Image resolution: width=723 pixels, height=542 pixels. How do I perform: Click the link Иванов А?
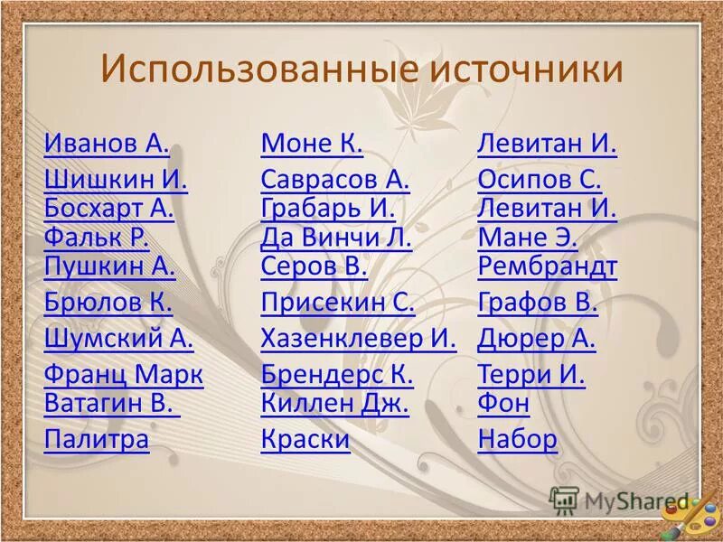pos(107,144)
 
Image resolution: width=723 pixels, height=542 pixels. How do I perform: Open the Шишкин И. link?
pos(116,180)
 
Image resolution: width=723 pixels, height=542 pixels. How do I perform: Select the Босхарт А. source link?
pos(108,209)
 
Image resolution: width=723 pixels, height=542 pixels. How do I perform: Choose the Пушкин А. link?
pos(109,266)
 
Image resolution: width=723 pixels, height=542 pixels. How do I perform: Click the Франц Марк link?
pos(124,374)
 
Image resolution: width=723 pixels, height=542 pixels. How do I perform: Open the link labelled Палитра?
pos(97,439)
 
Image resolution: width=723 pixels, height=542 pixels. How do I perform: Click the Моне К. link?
pos(312,144)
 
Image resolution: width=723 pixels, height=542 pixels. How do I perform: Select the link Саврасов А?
pos(335,180)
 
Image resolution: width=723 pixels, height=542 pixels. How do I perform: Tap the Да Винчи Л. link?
pos(336,238)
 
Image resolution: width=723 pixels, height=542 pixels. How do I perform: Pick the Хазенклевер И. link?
pos(359,339)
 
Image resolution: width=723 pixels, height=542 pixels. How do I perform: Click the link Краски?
pos(305,439)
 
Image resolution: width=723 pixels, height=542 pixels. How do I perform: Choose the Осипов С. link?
pos(540,180)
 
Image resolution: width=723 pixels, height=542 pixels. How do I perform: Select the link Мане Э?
pos(527,238)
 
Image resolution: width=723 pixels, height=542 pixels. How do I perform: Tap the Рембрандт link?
pos(547,266)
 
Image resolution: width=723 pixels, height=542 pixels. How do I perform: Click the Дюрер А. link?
pos(537,339)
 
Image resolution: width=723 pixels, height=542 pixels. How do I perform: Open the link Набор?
pos(517,439)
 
